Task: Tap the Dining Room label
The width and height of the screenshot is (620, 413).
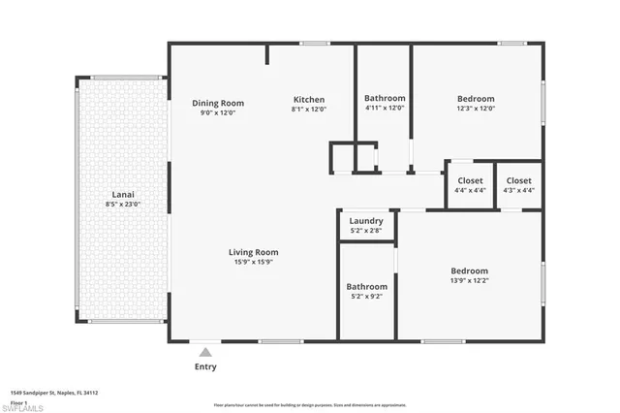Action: (217, 103)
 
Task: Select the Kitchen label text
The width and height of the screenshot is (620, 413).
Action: (309, 99)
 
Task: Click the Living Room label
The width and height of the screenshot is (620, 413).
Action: (253, 253)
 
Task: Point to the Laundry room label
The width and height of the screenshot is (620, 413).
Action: (366, 221)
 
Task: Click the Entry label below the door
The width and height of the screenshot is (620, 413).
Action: (205, 366)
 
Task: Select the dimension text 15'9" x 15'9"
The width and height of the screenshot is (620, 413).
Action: (253, 263)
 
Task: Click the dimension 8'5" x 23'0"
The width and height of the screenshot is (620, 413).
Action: (122, 205)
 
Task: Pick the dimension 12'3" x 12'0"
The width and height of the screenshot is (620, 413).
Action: (476, 109)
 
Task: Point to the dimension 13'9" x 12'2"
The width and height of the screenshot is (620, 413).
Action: (469, 281)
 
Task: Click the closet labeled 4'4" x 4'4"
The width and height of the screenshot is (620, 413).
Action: (470, 184)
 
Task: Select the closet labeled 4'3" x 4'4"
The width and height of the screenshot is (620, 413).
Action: (518, 184)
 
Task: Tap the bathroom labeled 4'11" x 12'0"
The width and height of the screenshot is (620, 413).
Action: (385, 103)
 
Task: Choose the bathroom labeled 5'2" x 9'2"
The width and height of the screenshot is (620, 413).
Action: (367, 291)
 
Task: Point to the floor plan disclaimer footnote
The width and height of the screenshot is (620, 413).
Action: (309, 405)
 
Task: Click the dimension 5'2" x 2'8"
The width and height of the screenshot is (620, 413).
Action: (366, 231)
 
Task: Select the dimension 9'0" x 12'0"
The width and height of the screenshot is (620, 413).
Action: (217, 112)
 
